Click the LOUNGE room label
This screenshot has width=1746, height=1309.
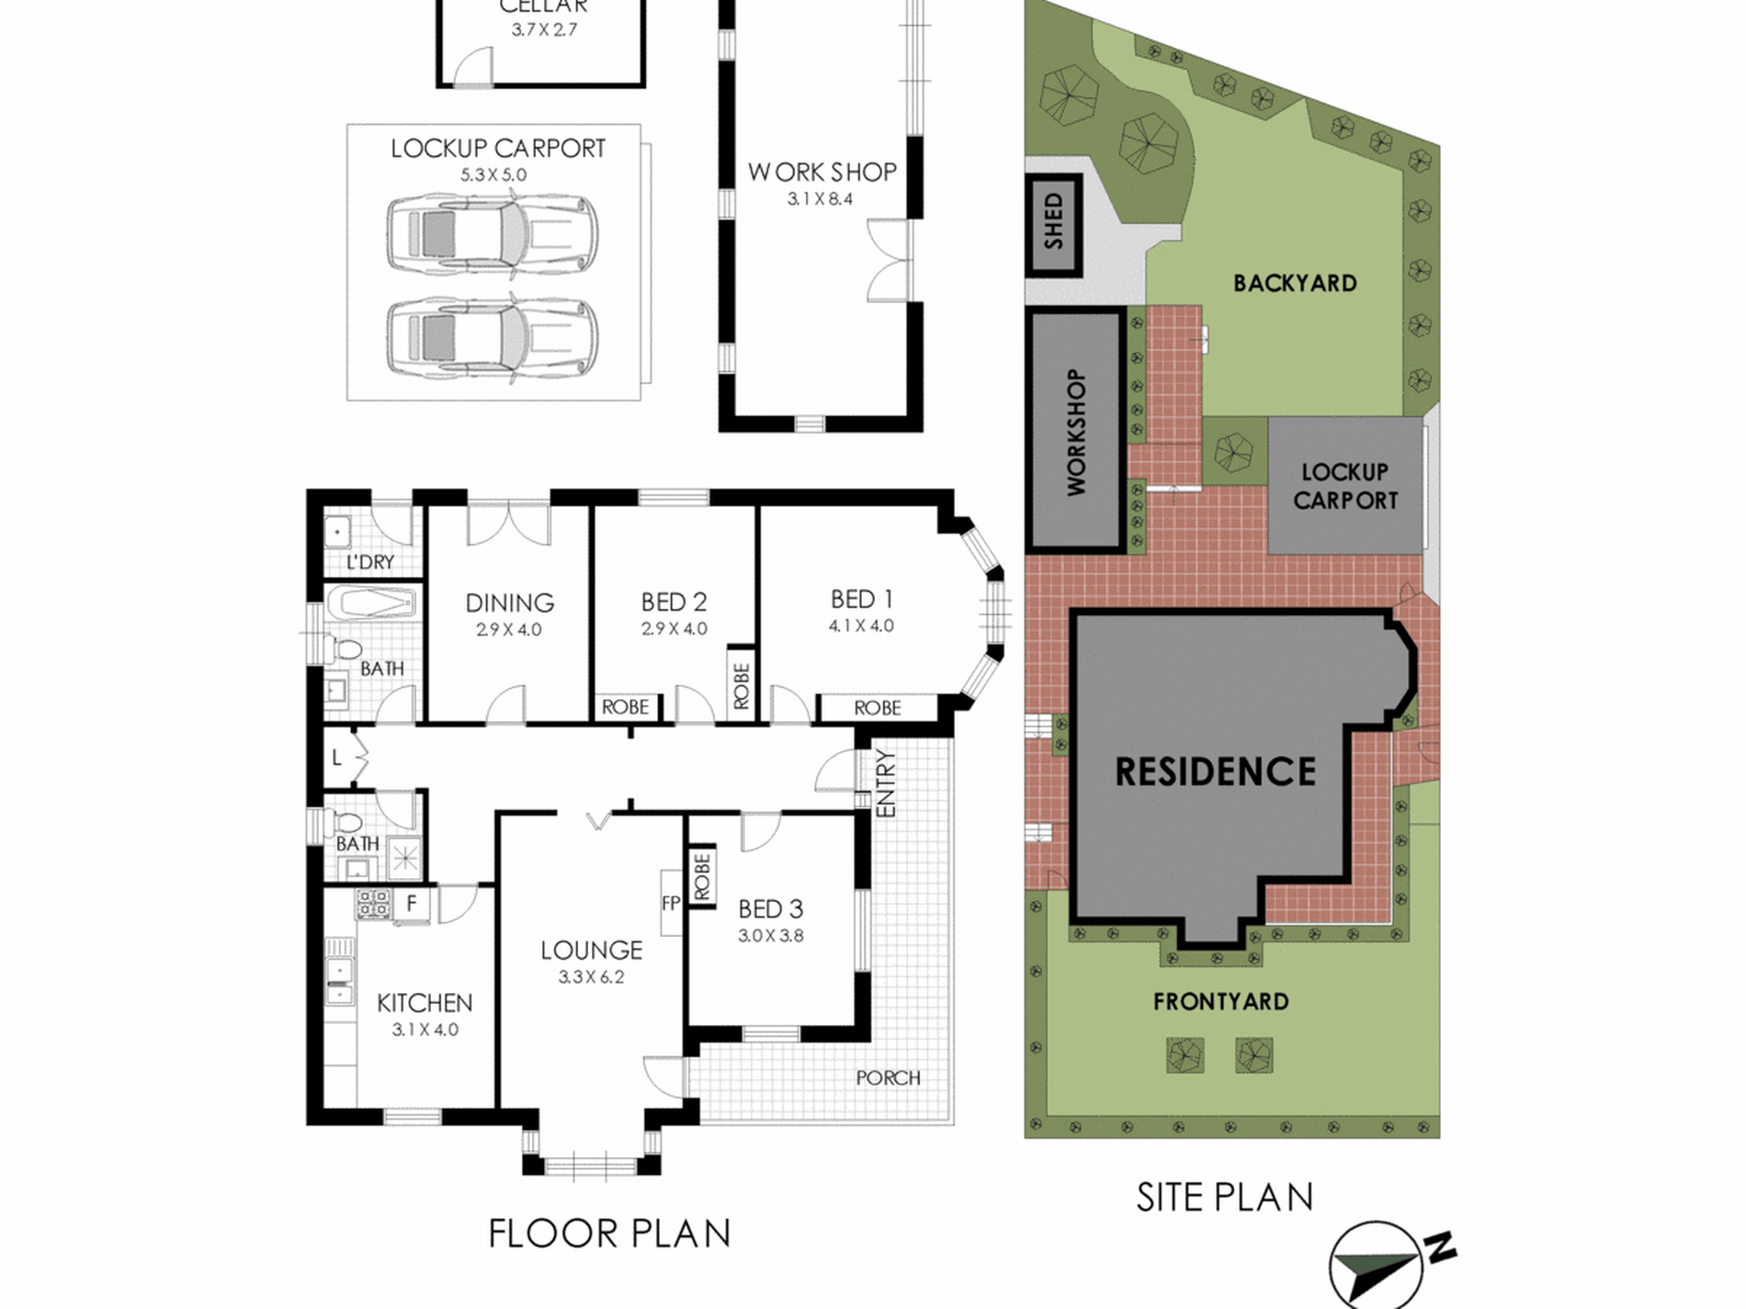[x=591, y=950]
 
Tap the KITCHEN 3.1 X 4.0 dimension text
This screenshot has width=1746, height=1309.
[x=425, y=1030]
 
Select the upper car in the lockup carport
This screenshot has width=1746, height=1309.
[x=492, y=233]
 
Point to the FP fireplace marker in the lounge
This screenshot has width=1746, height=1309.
[x=671, y=903]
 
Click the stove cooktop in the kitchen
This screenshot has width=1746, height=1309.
[x=373, y=904]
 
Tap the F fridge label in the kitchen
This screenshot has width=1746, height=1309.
[x=412, y=903]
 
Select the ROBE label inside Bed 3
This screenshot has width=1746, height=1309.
[x=702, y=876]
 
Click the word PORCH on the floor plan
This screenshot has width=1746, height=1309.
[x=888, y=1078]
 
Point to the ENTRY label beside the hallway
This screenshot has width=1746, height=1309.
[x=886, y=784]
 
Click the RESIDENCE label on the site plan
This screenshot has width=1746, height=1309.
[x=1215, y=772]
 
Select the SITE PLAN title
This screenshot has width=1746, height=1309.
[x=1225, y=1197]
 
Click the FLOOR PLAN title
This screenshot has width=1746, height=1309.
[x=609, y=1234]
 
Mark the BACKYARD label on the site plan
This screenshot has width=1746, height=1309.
[x=1295, y=283]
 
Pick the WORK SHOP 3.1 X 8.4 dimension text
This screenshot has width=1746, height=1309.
[x=821, y=198]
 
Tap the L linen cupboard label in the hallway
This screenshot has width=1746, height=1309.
[x=337, y=758]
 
